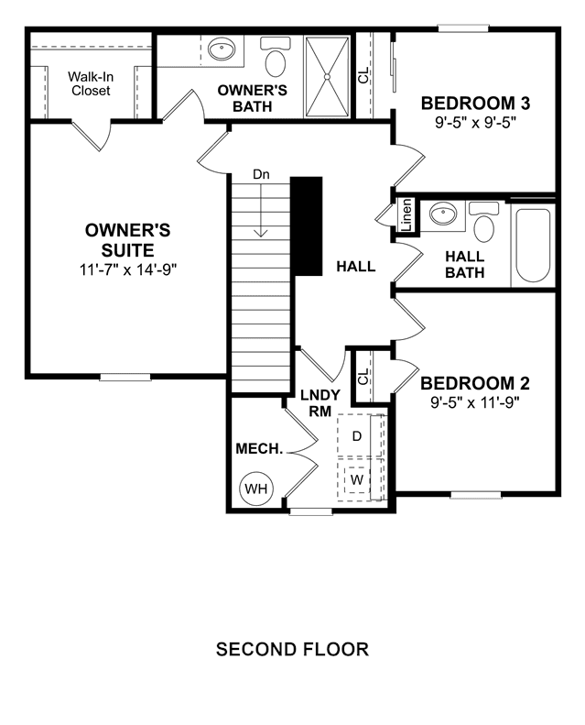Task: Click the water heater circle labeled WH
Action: click(x=256, y=489)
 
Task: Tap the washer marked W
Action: click(x=356, y=479)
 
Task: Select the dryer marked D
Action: click(x=357, y=436)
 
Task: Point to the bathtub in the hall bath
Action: click(x=533, y=246)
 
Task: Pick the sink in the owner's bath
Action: click(x=222, y=49)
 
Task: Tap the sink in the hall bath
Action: click(x=443, y=214)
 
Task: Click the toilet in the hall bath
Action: click(x=483, y=222)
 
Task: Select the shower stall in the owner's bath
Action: click(x=327, y=77)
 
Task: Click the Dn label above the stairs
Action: click(x=261, y=174)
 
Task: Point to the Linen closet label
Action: click(x=406, y=215)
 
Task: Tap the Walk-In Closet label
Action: click(x=91, y=83)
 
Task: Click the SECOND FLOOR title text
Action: click(x=292, y=649)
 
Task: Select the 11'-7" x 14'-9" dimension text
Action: click(x=128, y=269)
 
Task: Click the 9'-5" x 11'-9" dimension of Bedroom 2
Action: click(x=475, y=402)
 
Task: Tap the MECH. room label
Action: click(x=259, y=448)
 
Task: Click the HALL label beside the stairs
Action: click(x=355, y=267)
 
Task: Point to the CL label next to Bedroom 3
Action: click(x=363, y=75)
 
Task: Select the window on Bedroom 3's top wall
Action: click(x=463, y=28)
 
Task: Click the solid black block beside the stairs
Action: click(x=306, y=226)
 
